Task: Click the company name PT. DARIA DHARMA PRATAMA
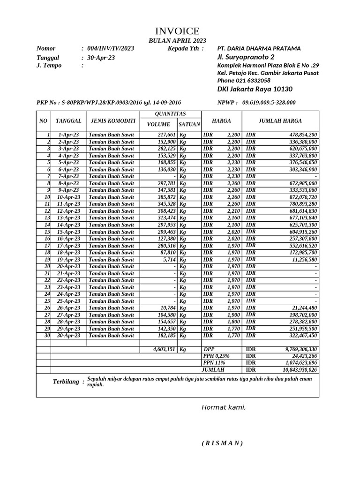259,48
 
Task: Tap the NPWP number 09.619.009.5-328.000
269,103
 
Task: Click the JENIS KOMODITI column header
113,121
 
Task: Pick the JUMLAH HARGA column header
280,121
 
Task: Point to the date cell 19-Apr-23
68,260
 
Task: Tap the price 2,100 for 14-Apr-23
233,225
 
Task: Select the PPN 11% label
214,363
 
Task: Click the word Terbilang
66,382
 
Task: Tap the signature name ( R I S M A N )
222,443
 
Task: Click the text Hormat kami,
224,407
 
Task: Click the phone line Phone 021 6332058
244,81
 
